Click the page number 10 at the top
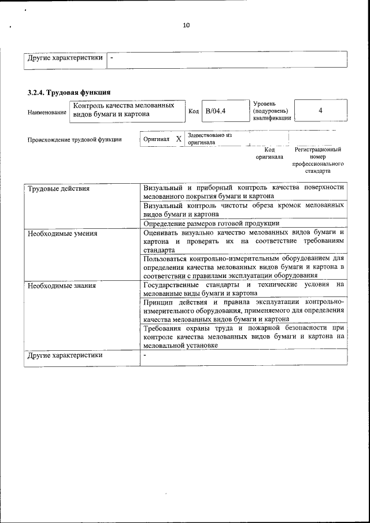(x=186, y=25)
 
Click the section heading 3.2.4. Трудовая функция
(x=69, y=92)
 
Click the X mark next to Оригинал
(x=178, y=139)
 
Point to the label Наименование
(x=47, y=112)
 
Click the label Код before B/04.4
(x=194, y=111)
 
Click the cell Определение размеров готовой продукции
(x=212, y=223)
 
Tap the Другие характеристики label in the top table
(x=65, y=58)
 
